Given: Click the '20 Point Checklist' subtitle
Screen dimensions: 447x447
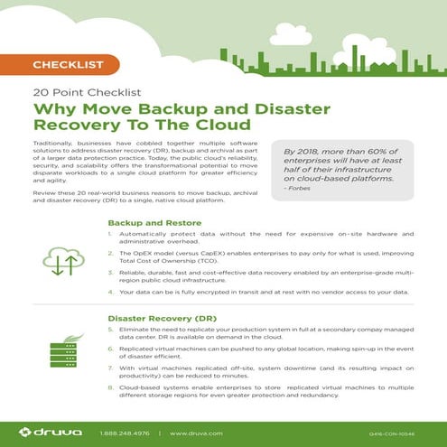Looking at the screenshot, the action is pyautogui.click(x=75, y=91).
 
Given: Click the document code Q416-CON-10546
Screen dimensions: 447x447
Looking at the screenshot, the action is pyautogui.click(x=398, y=433).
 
